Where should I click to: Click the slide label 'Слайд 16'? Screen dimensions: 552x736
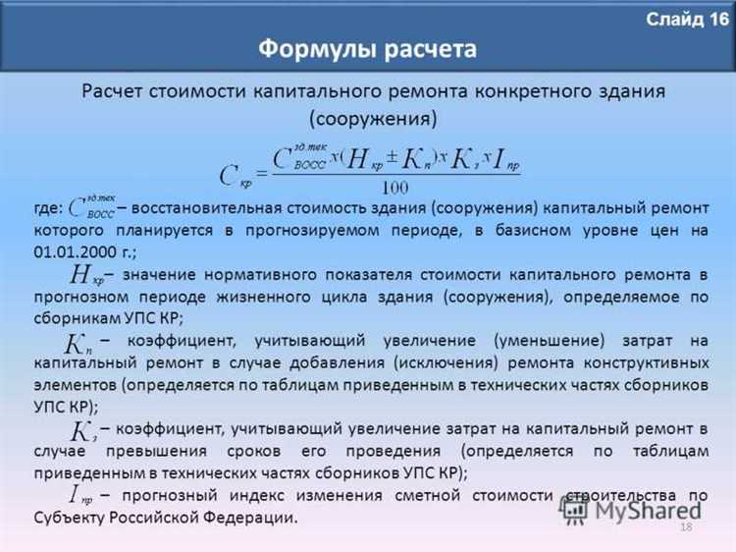click(x=688, y=19)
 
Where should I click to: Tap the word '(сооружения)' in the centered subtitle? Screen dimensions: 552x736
click(x=374, y=119)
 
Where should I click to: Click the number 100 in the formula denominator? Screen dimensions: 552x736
click(x=396, y=187)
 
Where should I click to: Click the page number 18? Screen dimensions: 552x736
click(x=686, y=529)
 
